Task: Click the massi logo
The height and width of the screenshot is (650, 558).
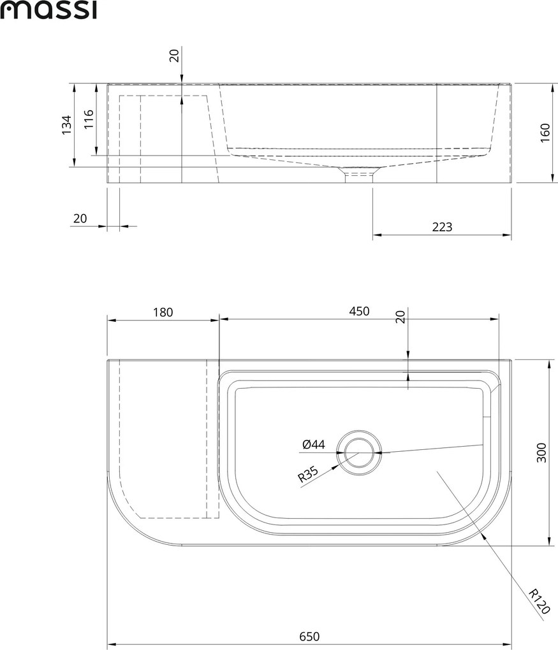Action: tap(48, 10)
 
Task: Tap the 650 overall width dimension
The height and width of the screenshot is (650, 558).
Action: tap(309, 637)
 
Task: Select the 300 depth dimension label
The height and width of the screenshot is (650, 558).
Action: tap(542, 452)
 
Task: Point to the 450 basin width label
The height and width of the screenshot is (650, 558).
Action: tap(359, 311)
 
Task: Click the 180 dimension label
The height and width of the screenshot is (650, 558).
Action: tap(163, 312)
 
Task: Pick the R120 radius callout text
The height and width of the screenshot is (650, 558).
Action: tap(540, 602)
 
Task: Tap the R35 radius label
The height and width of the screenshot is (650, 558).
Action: tap(308, 475)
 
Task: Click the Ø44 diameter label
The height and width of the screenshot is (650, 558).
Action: tap(314, 445)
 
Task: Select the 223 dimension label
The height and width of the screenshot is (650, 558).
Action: tap(442, 227)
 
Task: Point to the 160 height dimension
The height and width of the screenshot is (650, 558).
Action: tap(545, 133)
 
